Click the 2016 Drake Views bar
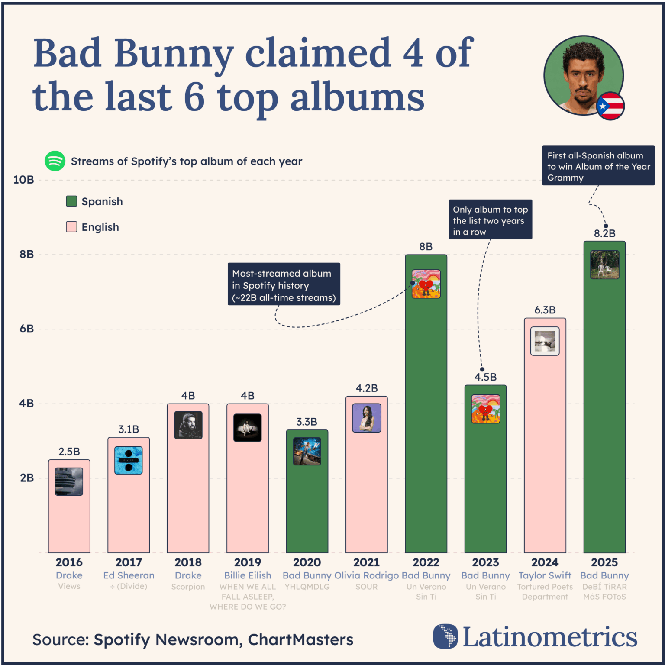(x=69, y=520)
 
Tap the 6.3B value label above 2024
(x=545, y=310)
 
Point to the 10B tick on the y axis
(x=24, y=180)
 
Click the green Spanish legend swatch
(x=71, y=201)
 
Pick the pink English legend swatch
(x=71, y=227)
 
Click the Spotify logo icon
(x=55, y=161)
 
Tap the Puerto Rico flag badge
(x=610, y=106)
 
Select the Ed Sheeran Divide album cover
(x=129, y=460)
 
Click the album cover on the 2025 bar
(x=604, y=265)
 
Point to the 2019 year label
(x=248, y=562)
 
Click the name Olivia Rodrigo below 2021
(x=366, y=575)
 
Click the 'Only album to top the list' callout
(x=490, y=220)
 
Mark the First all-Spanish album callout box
(x=598, y=166)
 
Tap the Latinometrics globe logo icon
(x=445, y=636)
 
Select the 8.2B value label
(x=604, y=234)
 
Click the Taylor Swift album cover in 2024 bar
(x=545, y=341)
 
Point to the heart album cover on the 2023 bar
(x=485, y=409)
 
